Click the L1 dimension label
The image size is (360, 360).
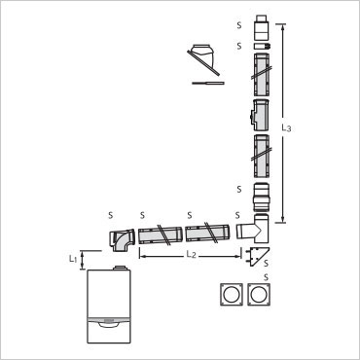tap(73, 259)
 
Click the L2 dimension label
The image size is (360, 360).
tap(192, 254)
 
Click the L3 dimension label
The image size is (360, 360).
tap(286, 128)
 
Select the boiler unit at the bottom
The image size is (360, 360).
tap(109, 306)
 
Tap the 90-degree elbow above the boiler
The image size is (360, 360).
tap(121, 240)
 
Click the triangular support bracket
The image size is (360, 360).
tap(258, 256)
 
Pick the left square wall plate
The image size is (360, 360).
tap(232, 294)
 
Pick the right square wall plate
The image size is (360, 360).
tap(259, 294)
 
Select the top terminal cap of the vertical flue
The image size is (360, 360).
tap(261, 27)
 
